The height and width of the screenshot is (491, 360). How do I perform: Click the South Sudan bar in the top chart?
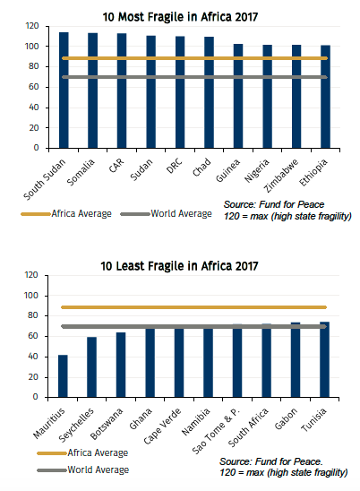(x=64, y=90)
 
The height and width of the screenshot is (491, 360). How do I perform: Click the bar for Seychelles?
(x=92, y=367)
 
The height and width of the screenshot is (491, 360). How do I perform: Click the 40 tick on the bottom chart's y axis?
(x=33, y=357)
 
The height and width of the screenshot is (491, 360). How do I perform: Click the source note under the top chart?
(x=286, y=211)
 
